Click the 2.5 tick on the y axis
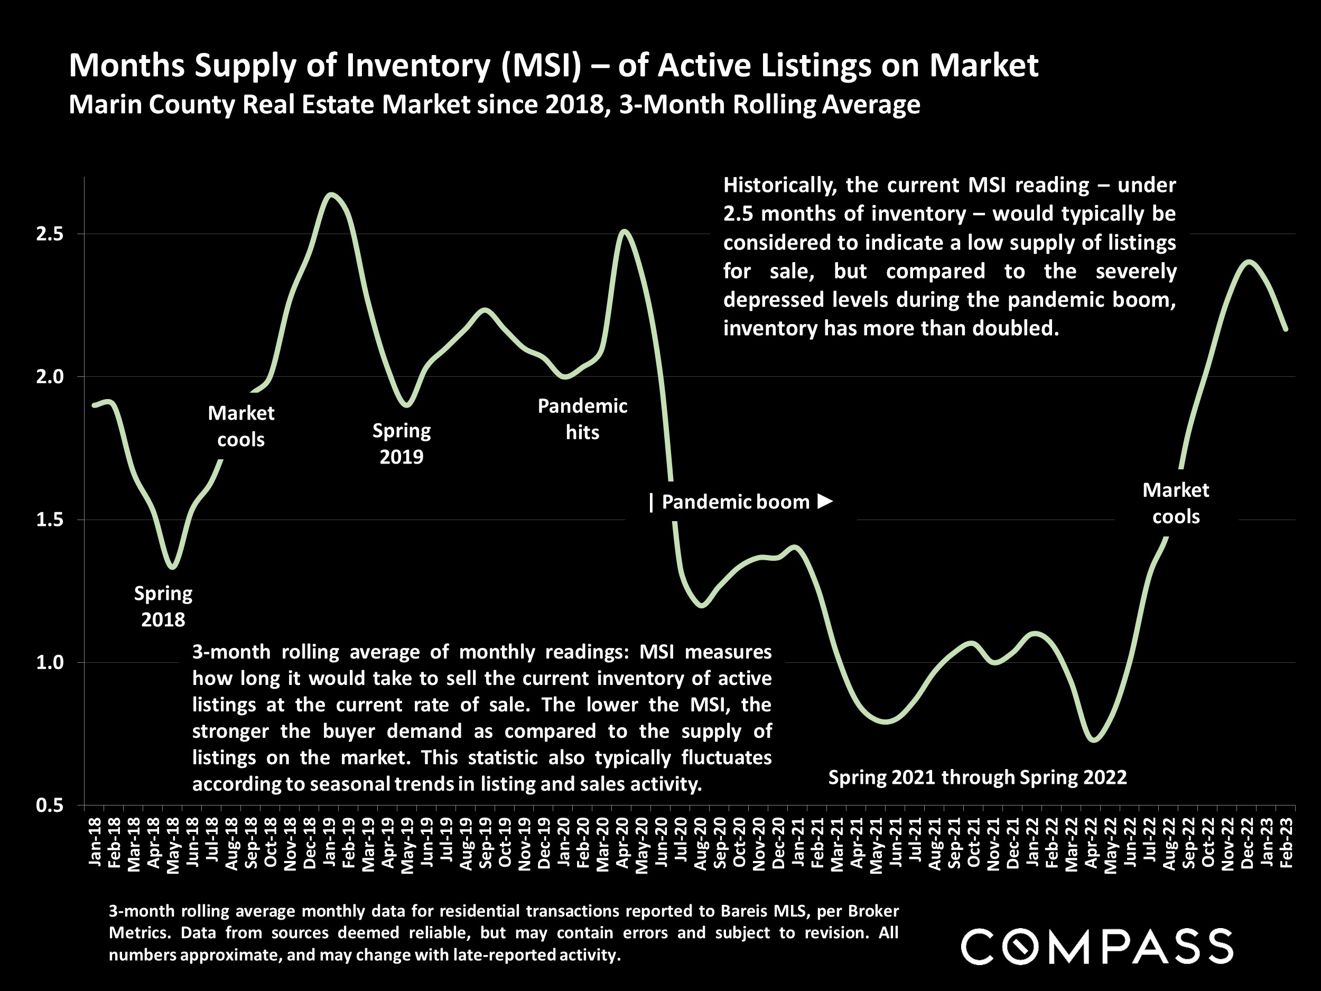(x=50, y=234)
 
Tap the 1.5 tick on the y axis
(x=50, y=520)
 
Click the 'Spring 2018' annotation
(x=163, y=606)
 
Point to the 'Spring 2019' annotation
(x=401, y=443)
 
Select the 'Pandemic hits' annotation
(x=582, y=419)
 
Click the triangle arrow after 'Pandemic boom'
(x=825, y=501)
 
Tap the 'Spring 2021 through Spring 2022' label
(x=977, y=777)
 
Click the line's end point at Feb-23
(x=1285, y=329)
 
